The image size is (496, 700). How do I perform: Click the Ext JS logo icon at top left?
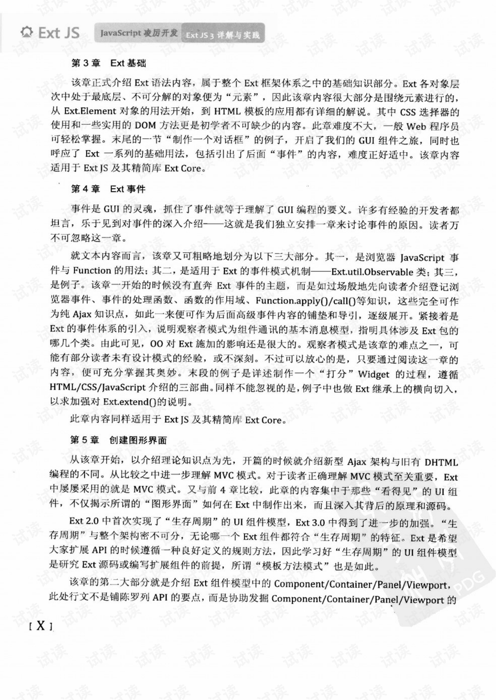[x=26, y=32]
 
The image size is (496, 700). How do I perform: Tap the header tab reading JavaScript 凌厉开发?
[x=138, y=33]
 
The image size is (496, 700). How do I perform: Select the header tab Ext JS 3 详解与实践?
[x=223, y=35]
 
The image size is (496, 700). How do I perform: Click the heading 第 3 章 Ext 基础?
[x=109, y=63]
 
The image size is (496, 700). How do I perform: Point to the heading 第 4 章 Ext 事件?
[x=108, y=189]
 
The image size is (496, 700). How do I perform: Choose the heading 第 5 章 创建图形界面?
[x=118, y=440]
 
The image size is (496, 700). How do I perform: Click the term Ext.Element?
[x=90, y=111]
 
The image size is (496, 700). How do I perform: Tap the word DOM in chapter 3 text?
[x=146, y=125]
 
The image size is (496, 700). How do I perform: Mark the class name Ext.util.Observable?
[x=372, y=271]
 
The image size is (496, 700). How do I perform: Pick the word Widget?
[x=374, y=374]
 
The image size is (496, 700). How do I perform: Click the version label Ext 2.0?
[x=84, y=522]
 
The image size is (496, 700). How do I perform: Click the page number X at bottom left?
[x=40, y=626]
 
